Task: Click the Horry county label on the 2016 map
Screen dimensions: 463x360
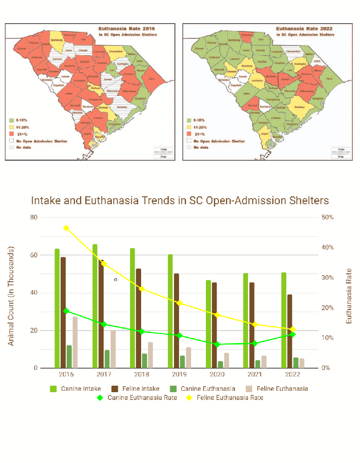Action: [x=151, y=79]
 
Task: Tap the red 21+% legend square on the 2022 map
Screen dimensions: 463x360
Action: [x=188, y=134]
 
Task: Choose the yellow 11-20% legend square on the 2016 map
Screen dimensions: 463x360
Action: [x=11, y=127]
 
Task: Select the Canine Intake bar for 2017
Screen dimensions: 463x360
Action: [x=95, y=306]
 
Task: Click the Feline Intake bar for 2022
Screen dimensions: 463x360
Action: [x=290, y=331]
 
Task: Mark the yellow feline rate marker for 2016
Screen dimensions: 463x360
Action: [x=66, y=228]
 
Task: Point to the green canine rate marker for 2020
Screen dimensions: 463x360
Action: [x=217, y=344]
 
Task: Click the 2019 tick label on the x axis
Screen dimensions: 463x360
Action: [x=179, y=374]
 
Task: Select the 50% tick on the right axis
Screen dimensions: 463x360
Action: [x=327, y=217]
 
